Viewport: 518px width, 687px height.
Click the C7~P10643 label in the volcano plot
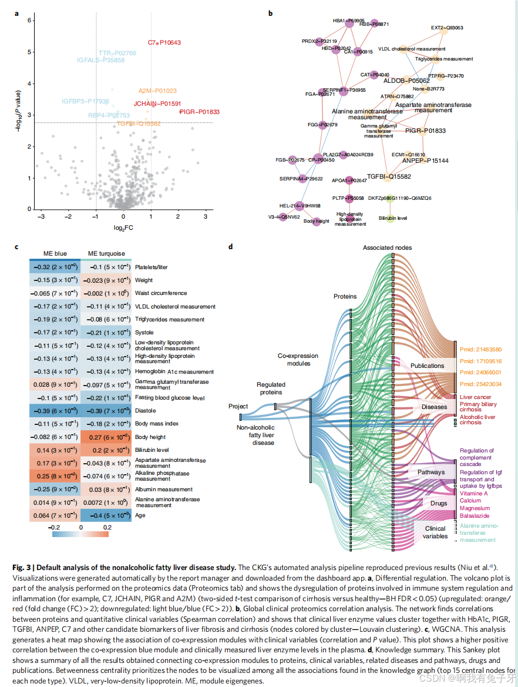pos(164,43)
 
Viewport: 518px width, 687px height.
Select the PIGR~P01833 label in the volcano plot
pos(199,112)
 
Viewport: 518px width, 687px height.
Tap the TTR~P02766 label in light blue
pos(117,53)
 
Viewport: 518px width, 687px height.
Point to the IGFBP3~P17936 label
pos(85,102)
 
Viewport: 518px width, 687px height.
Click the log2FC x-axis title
pos(123,227)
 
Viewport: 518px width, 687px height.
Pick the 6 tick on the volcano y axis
pos(29,20)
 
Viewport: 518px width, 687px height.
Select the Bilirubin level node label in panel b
pos(393,218)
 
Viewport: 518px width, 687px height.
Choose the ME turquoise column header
pos(106,254)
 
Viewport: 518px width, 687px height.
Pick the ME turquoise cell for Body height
pos(106,437)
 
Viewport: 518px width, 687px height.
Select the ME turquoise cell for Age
pos(106,515)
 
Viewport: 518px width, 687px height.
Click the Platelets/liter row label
pos(152,267)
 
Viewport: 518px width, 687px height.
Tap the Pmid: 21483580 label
pos(480,350)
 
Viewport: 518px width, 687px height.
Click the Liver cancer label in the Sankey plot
pos(475,398)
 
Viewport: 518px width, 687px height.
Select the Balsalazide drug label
pos(476,515)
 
